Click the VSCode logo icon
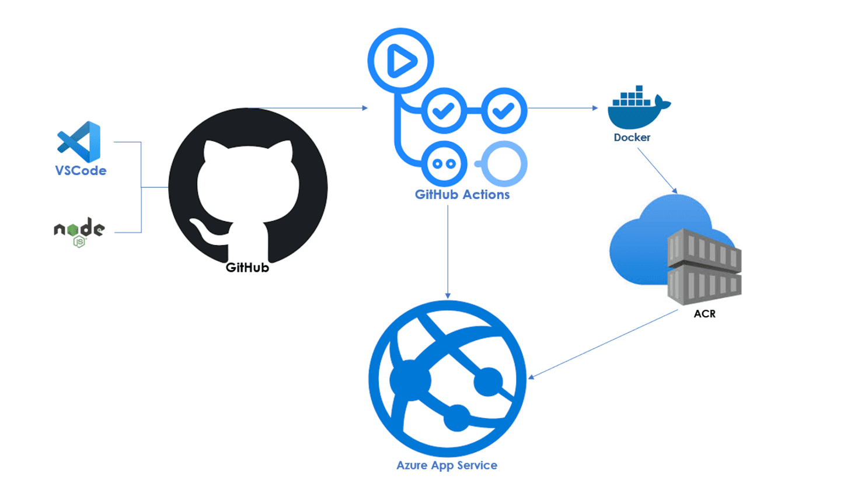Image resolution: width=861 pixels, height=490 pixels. click(79, 142)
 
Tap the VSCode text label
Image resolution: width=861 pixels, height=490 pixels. click(81, 171)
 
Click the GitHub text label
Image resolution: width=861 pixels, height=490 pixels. click(248, 268)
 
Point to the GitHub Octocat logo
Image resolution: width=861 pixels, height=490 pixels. click(248, 187)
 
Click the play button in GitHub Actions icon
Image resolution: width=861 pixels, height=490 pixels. click(400, 61)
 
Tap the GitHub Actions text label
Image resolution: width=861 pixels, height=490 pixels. click(462, 195)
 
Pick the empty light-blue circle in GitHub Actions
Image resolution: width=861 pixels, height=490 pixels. click(504, 164)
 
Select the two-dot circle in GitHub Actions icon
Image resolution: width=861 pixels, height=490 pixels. click(444, 164)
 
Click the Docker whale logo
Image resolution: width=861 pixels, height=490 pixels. click(637, 108)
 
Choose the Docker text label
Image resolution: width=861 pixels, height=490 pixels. click(632, 138)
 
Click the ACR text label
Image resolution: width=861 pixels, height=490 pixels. click(704, 314)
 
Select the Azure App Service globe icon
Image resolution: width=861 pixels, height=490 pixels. click(447, 379)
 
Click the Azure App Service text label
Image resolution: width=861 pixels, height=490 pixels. click(447, 466)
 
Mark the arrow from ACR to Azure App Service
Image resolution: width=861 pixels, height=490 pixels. click(604, 344)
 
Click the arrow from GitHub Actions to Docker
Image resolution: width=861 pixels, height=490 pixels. click(563, 108)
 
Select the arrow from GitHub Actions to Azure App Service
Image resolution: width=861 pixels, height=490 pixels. click(448, 251)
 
